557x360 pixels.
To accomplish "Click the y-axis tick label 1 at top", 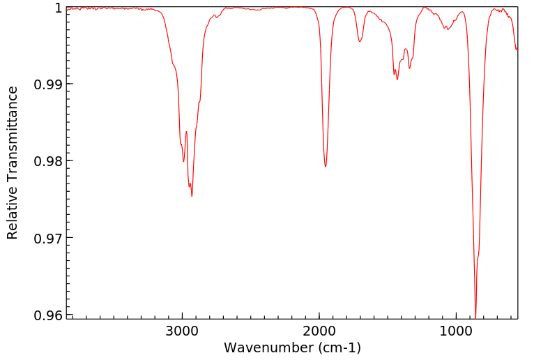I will pos(58,8).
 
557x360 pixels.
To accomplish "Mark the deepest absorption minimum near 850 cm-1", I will pos(475,317).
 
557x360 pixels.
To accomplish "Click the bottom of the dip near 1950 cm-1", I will pos(326,167).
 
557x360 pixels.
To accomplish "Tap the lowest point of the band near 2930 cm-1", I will pos(192,196).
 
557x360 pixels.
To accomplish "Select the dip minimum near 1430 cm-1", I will pos(397,80).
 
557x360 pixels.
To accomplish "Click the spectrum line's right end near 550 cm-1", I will pos(517,49).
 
